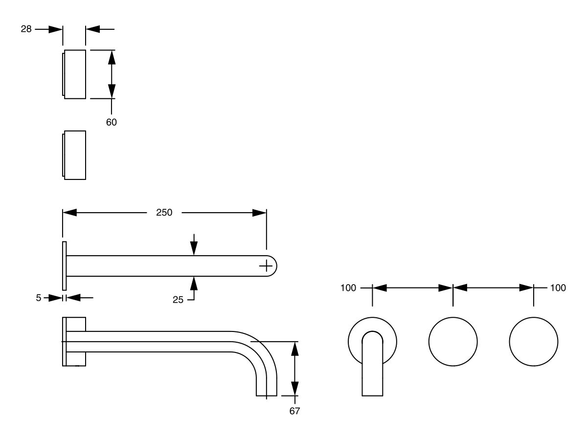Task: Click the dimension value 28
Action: pyautogui.click(x=26, y=29)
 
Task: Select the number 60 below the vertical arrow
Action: pyautogui.click(x=112, y=122)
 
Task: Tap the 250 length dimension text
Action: pyautogui.click(x=164, y=213)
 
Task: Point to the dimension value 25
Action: pyautogui.click(x=178, y=300)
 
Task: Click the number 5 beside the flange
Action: pyautogui.click(x=39, y=297)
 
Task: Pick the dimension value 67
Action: pyautogui.click(x=294, y=411)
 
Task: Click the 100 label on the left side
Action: pyautogui.click(x=348, y=288)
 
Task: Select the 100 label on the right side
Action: pyautogui.click(x=558, y=288)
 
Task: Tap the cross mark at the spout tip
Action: pyautogui.click(x=266, y=265)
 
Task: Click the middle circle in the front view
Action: pyautogui.click(x=453, y=341)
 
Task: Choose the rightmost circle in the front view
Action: pyautogui.click(x=534, y=341)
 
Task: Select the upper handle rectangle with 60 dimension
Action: pyautogui.click(x=75, y=74)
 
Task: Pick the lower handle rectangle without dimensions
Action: pyautogui.click(x=75, y=155)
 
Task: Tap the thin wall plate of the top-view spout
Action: pyautogui.click(x=64, y=265)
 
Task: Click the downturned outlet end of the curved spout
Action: pyautogui.click(x=267, y=389)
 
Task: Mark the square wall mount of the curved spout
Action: pyautogui.click(x=74, y=341)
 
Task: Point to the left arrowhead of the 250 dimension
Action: pyautogui.click(x=70, y=213)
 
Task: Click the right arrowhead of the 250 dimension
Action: pyautogui.click(x=259, y=213)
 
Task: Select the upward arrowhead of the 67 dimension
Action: pyautogui.click(x=294, y=349)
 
